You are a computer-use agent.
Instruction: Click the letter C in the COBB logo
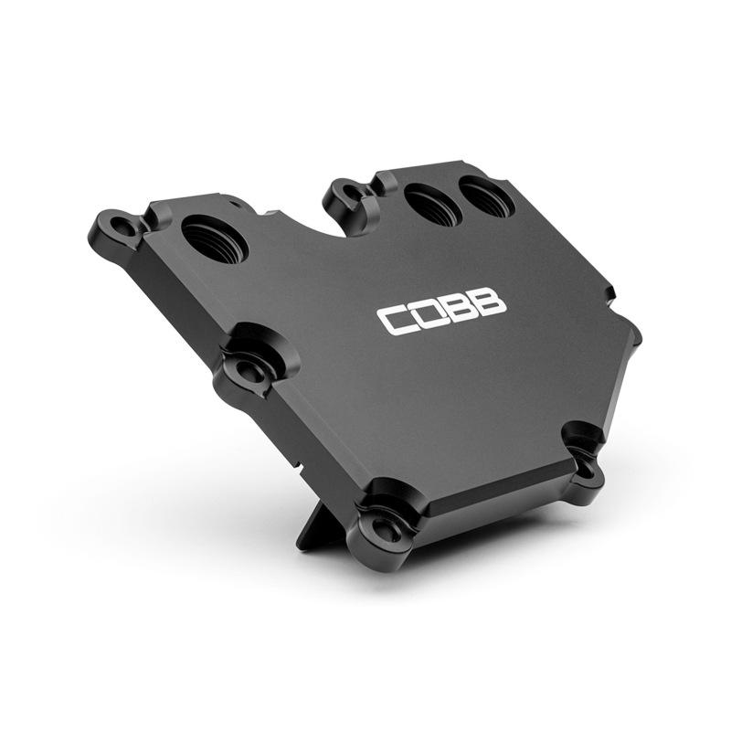pos(395,319)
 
